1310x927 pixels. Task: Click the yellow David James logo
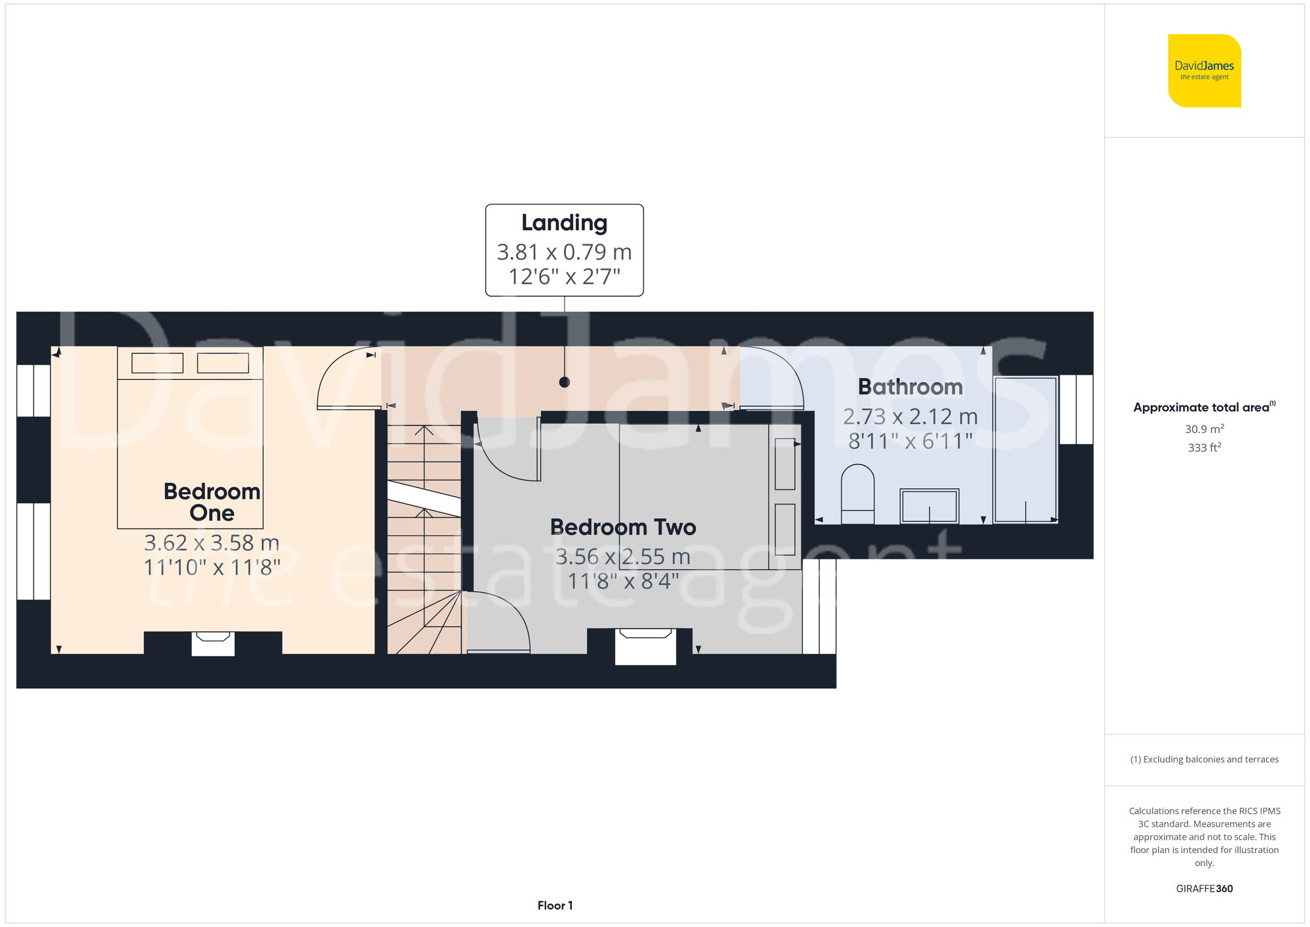1204,71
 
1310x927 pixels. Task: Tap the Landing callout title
564,223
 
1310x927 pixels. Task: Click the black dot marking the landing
565,382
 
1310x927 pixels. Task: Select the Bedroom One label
212,502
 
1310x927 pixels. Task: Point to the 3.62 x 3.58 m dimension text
212,542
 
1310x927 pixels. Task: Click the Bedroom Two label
622,527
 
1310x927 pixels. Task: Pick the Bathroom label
910,387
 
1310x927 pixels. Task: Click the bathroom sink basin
929,506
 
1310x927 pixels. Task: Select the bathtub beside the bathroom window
1025,449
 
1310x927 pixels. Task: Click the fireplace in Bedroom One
213,643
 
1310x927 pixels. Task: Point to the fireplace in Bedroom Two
646,645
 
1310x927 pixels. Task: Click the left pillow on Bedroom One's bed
157,363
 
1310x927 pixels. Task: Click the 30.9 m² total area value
1204,429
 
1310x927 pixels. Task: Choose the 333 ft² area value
1204,447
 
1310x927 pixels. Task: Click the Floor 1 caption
555,905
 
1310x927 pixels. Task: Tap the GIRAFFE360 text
1204,888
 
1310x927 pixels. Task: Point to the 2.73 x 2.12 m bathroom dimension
910,417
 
